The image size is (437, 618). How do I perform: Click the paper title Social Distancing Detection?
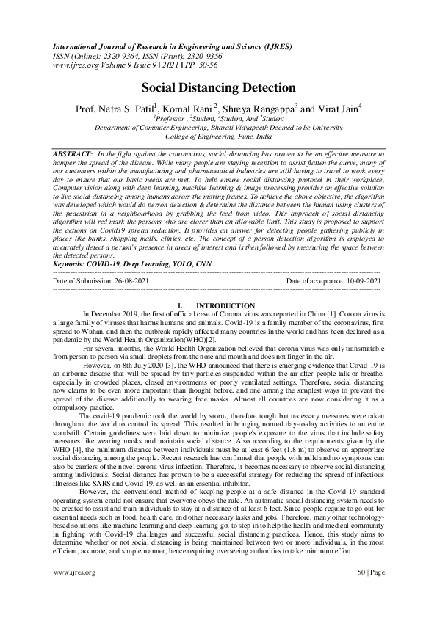(x=218, y=87)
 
